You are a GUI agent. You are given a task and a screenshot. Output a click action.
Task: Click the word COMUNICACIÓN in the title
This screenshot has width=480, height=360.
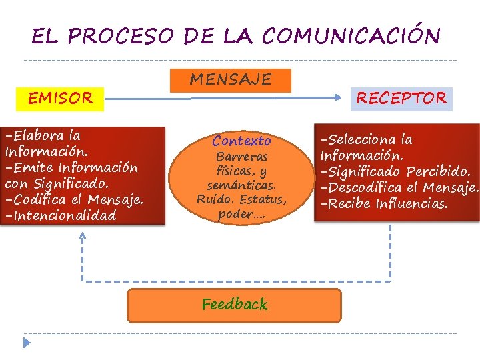coord(351,36)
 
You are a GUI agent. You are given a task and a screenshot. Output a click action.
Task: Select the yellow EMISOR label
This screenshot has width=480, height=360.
coord(60,99)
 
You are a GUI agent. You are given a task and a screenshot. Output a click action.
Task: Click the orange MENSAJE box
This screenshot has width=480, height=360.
coord(231,80)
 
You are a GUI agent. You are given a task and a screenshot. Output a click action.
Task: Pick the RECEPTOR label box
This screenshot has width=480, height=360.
coord(401,99)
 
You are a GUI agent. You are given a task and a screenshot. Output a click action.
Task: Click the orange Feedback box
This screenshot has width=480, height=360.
coord(234,305)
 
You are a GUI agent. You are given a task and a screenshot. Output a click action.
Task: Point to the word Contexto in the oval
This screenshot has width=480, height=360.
coord(241,141)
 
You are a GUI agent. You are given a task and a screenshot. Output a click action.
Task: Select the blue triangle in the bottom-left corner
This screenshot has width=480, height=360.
coord(27,343)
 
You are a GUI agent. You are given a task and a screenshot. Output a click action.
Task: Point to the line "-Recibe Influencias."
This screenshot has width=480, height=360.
coord(384,203)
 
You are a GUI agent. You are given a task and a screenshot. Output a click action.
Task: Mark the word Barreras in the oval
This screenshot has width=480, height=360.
coord(241,157)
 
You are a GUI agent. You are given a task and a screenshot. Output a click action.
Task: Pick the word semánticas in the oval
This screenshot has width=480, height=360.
coord(241,185)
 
